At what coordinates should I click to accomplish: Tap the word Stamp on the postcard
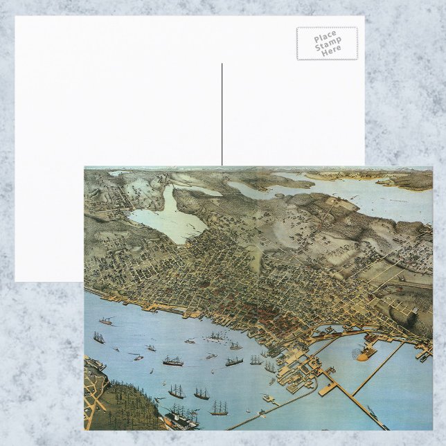point(328,43)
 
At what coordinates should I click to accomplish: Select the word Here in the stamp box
point(331,51)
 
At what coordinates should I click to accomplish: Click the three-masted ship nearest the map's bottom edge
point(219,409)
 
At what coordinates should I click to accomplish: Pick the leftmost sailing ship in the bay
point(99,338)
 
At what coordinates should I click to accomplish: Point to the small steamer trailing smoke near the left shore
point(107,321)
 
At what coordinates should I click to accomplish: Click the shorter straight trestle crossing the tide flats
point(377,367)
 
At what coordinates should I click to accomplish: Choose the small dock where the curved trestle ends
point(267,398)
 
